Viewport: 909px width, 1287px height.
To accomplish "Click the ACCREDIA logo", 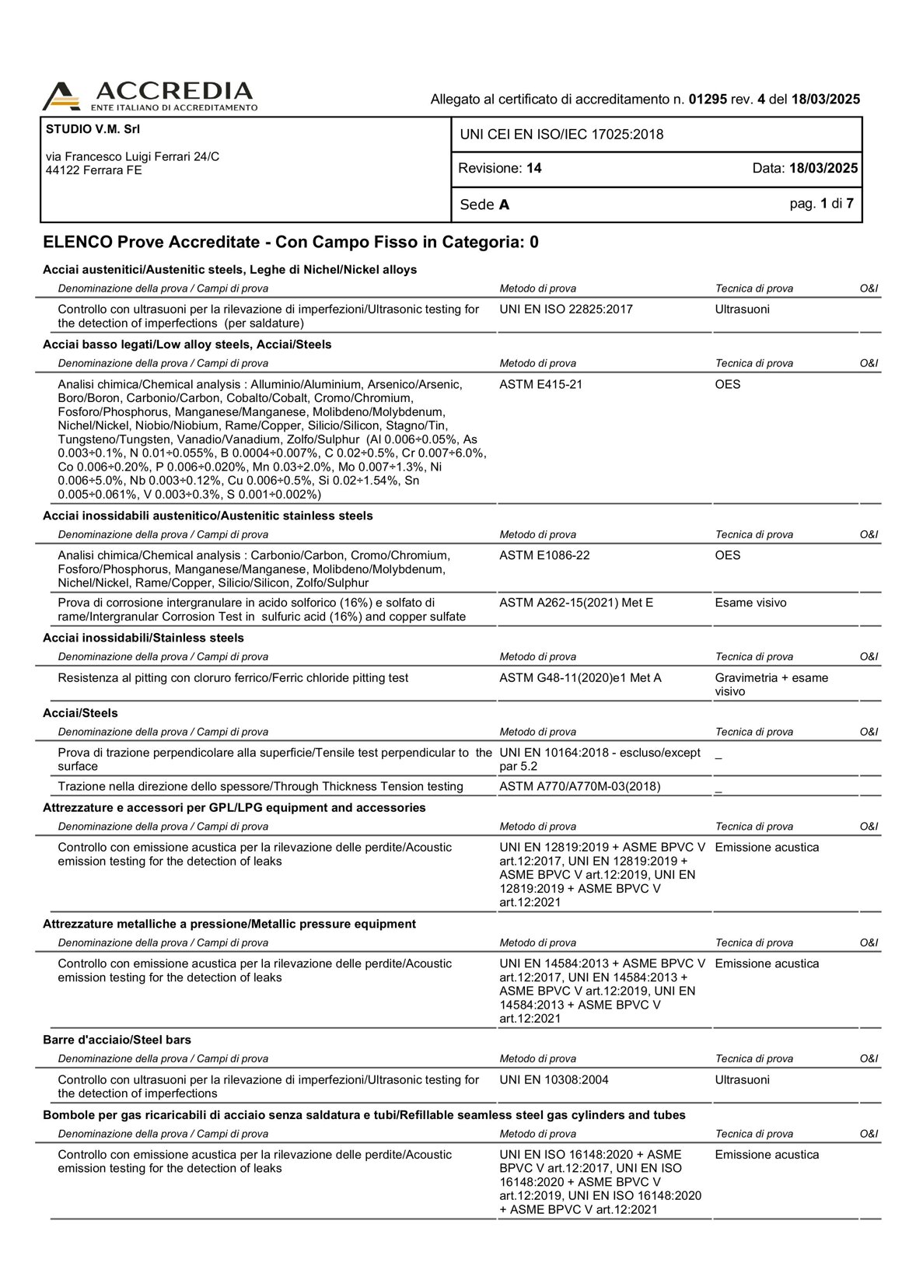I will tap(149, 96).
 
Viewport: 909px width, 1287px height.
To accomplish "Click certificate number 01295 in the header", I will tap(708, 100).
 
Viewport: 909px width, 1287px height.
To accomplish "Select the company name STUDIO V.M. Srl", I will tap(93, 129).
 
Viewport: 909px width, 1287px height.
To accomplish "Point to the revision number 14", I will tap(533, 168).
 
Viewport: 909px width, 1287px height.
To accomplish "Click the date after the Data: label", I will tap(823, 168).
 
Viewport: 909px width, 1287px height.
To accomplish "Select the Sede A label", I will tap(484, 205).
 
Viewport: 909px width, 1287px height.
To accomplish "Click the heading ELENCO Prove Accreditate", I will tap(152, 242).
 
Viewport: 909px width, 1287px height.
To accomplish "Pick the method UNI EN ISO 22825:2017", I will tap(566, 310).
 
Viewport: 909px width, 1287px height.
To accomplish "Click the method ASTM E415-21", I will tap(540, 384).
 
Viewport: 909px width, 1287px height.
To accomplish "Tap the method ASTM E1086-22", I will tap(544, 555).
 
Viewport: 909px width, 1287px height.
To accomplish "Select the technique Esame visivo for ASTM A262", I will tap(750, 603).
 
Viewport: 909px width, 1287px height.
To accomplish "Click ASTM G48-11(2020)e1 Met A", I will tap(580, 678).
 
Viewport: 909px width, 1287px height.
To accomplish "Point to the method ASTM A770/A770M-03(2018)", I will tap(580, 786).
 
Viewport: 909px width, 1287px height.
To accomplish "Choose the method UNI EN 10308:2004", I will tap(554, 1079).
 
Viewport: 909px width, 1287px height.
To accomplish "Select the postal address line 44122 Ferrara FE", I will tap(94, 170).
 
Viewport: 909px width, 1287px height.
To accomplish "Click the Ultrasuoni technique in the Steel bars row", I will tap(742, 1079).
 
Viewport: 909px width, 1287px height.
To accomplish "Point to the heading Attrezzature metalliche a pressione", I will tap(229, 924).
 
